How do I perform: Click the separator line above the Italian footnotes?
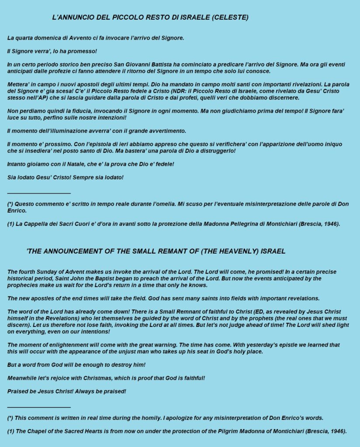click(x=39, y=193)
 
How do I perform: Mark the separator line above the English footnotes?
click(x=39, y=406)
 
